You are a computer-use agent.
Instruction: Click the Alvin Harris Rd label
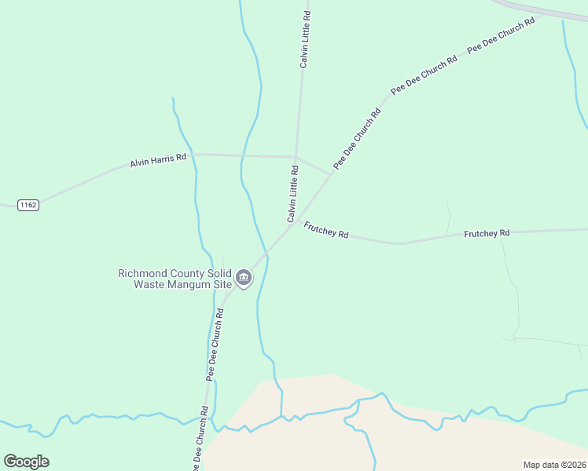click(158, 159)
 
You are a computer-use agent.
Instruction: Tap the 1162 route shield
click(27, 205)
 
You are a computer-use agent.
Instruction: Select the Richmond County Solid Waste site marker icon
click(244, 278)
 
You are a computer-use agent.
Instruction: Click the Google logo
click(26, 462)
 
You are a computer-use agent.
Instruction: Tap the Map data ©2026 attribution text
click(554, 465)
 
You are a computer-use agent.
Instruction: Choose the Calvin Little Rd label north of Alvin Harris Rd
click(305, 38)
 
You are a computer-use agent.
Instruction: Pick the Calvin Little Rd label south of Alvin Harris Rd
click(292, 194)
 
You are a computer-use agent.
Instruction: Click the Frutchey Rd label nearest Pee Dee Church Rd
click(325, 230)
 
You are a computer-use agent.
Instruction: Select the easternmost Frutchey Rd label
click(487, 233)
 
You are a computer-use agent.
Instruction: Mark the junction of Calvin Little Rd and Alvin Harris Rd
click(296, 155)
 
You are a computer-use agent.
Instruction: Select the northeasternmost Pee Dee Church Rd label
click(501, 35)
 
